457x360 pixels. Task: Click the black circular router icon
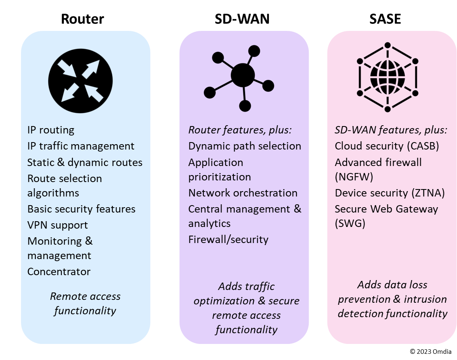pos(80,80)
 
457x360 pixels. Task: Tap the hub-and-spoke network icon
pos(239,79)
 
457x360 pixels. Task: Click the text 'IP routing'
pos(51,130)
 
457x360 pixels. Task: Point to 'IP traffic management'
pos(81,146)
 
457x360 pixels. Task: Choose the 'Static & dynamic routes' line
pos(85,162)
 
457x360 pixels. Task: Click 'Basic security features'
pos(81,209)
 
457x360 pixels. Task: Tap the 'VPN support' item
pos(58,225)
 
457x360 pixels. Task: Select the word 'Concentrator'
pos(59,272)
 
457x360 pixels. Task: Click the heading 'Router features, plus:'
pos(240,130)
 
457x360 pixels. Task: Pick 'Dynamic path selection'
pos(245,146)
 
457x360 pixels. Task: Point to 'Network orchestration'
pos(242,193)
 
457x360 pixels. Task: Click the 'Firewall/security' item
pos(228,240)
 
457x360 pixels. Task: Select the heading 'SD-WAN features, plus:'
pos(391,130)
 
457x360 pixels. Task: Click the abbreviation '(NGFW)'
pos(354,177)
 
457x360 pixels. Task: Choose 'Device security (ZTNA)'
pos(389,193)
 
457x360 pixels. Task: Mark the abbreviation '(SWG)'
pos(350,223)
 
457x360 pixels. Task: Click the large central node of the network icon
pos(243,75)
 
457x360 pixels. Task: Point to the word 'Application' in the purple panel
pos(216,162)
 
